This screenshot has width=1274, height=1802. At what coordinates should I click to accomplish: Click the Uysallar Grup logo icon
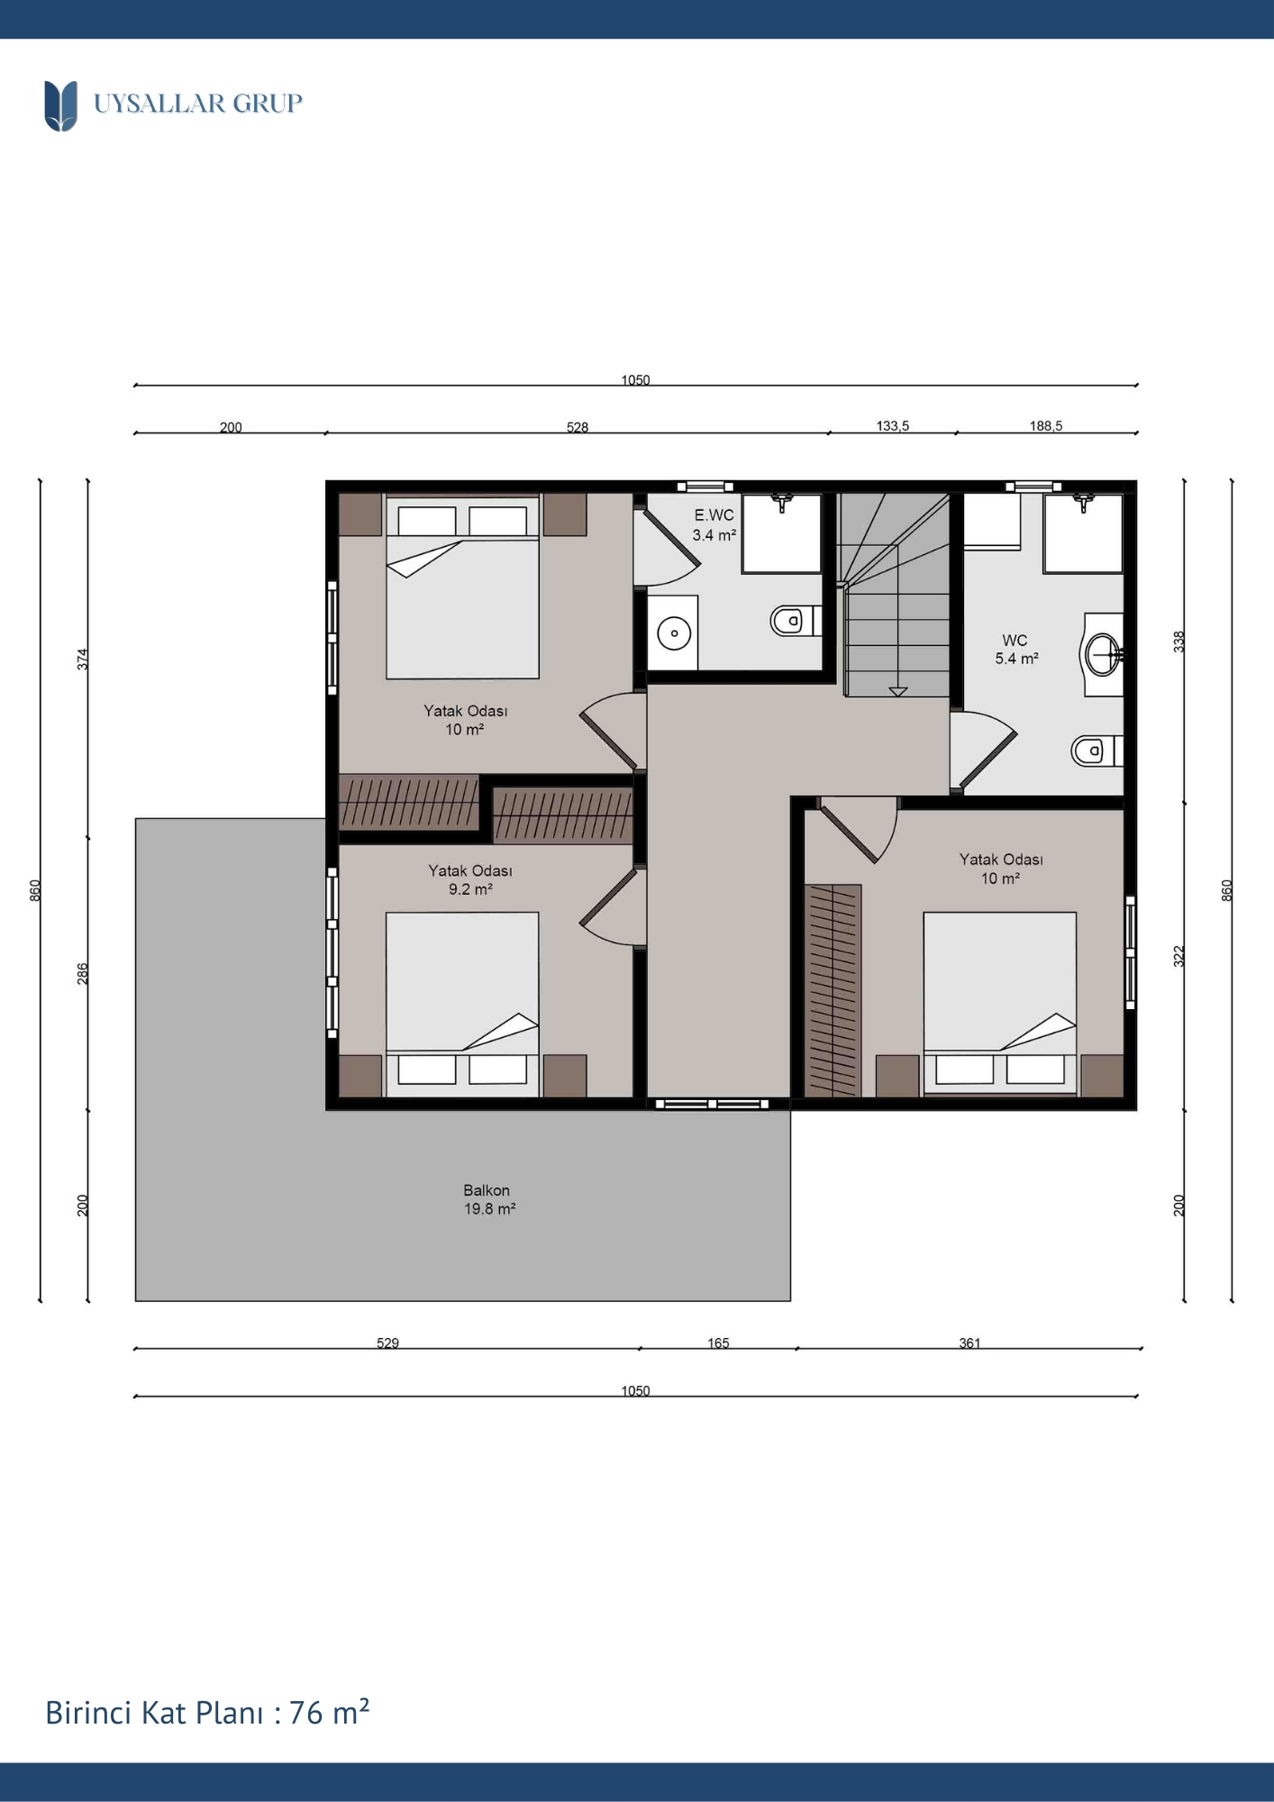tap(60, 105)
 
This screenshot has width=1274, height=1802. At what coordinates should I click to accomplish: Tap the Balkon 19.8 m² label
tap(488, 1199)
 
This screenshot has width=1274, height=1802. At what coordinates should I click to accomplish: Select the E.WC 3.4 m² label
tap(714, 525)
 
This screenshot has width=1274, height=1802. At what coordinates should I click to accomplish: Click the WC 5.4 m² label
tap(1016, 650)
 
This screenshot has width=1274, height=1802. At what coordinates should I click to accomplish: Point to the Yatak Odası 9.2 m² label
tap(470, 880)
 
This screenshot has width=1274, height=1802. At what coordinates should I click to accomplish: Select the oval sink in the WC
tap(1101, 654)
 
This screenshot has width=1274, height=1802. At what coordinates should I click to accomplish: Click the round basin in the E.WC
tap(674, 633)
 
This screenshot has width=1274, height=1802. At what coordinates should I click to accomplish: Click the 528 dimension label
tap(578, 427)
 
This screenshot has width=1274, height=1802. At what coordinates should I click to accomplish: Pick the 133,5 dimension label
tap(893, 426)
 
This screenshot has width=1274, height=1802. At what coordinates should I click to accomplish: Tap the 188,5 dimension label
tap(1046, 426)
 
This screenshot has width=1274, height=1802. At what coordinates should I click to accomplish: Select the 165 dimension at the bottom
tap(718, 1343)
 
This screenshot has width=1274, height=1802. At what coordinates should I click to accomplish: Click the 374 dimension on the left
tap(83, 659)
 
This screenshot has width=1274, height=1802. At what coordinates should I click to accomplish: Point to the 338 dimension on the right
tap(1179, 642)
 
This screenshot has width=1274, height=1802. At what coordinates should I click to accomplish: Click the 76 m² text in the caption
tap(330, 1712)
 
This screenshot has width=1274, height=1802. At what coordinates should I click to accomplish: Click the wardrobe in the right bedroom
tap(833, 990)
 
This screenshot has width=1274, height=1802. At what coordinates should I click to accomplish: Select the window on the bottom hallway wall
tap(712, 1104)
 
